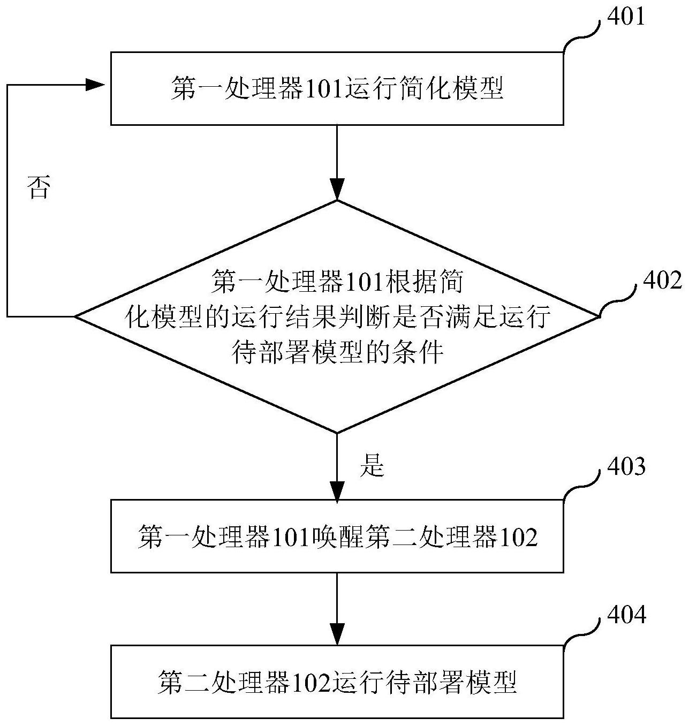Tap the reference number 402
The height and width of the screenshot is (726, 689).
(x=662, y=281)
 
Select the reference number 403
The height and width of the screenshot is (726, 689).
(x=625, y=467)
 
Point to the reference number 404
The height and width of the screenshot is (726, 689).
(x=625, y=615)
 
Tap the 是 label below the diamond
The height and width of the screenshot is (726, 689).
(x=373, y=466)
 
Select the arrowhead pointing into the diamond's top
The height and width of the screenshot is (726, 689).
(x=337, y=190)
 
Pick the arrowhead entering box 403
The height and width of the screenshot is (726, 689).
(x=337, y=490)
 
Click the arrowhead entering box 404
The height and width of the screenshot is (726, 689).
(x=337, y=635)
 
